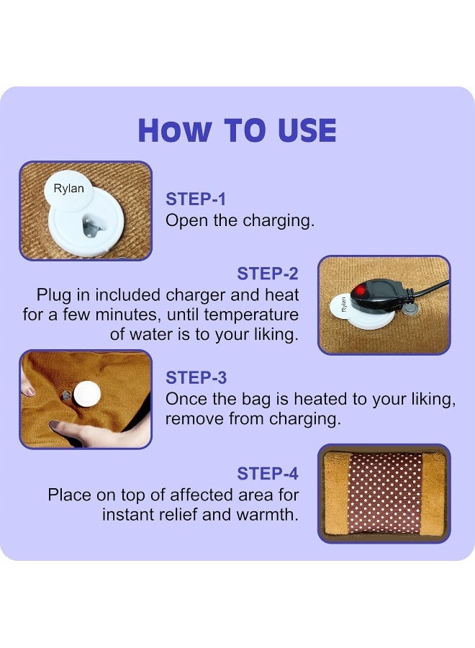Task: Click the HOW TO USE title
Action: (237, 131)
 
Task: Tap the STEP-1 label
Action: (196, 199)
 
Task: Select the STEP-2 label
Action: (268, 274)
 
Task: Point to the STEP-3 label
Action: (196, 378)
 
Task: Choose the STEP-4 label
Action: (268, 474)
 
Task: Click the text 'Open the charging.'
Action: (240, 221)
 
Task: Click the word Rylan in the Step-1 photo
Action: (69, 189)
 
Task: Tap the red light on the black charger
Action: (359, 289)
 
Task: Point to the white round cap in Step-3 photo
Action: (86, 394)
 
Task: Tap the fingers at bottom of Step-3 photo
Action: (94, 432)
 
